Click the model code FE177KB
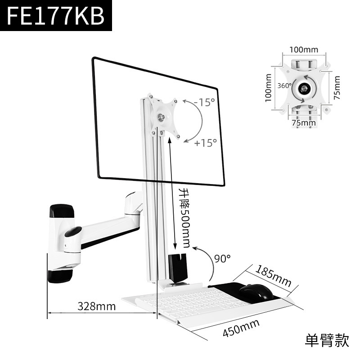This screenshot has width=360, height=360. [x=56, y=16]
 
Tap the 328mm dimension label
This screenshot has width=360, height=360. [x=97, y=307]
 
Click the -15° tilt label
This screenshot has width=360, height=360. [x=205, y=102]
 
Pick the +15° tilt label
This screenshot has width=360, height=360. [x=206, y=143]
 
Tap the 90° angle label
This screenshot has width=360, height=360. [x=222, y=258]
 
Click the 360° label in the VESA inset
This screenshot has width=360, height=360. [x=284, y=85]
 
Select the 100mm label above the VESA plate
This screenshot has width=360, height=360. [x=303, y=49]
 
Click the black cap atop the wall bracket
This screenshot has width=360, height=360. [x=62, y=210]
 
